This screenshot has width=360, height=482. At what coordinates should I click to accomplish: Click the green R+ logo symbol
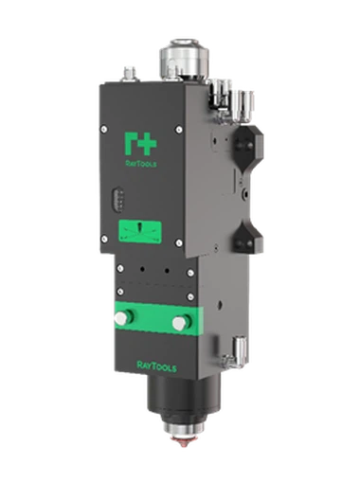point(140,144)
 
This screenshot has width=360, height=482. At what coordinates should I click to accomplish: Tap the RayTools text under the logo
point(141,164)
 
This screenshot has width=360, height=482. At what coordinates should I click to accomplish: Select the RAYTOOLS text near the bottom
point(156,366)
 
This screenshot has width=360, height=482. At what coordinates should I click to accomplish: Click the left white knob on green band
point(122,317)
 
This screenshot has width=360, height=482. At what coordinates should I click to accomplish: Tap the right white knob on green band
point(180,323)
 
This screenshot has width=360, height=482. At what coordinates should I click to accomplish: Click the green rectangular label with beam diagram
point(140,232)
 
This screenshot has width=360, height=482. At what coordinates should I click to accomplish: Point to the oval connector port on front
point(117,200)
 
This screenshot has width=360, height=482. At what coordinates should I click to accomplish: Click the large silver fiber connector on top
point(185,59)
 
